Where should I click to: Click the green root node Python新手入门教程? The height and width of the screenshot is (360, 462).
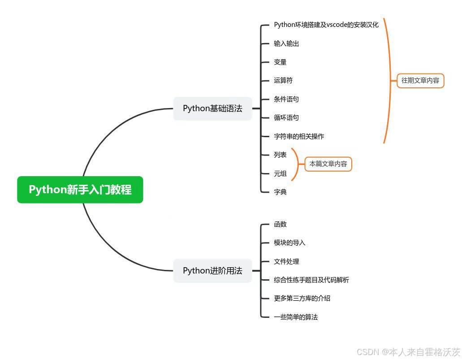click(x=80, y=190)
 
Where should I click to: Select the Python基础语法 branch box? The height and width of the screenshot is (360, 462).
click(x=212, y=108)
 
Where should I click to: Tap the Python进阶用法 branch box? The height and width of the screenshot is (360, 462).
click(x=212, y=271)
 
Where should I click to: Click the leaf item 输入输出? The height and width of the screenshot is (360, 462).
click(x=286, y=43)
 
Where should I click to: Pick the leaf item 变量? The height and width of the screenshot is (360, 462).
click(x=280, y=62)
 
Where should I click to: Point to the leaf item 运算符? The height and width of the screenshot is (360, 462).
click(x=283, y=81)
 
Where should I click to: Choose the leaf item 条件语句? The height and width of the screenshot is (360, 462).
click(x=286, y=99)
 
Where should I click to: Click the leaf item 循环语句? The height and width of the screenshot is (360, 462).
click(x=286, y=118)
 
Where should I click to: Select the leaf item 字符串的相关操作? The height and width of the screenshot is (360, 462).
click(x=299, y=136)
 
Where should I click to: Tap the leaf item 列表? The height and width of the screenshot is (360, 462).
click(x=280, y=155)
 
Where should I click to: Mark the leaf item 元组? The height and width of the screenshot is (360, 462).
click(x=280, y=173)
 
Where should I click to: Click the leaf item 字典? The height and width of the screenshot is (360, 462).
click(x=280, y=192)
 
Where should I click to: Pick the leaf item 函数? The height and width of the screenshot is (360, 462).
click(x=280, y=224)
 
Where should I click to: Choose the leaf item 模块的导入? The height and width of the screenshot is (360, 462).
click(x=289, y=243)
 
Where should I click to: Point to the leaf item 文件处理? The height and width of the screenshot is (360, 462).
click(x=286, y=261)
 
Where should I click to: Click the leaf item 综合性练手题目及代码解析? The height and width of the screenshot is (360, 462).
click(x=311, y=280)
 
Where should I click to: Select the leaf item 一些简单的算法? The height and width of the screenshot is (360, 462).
click(x=296, y=317)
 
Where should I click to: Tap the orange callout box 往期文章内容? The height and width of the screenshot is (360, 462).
click(x=420, y=81)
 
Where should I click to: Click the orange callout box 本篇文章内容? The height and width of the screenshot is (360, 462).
click(x=328, y=164)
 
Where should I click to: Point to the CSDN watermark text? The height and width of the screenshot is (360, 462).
click(x=408, y=352)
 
